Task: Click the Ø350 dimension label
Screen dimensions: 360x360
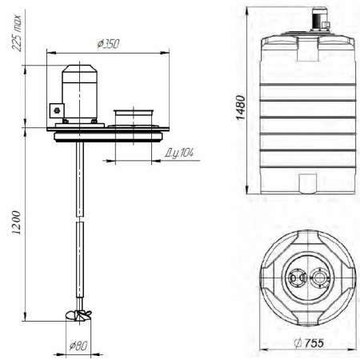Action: pyautogui.click(x=108, y=44)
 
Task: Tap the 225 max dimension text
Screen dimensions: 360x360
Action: pyautogui.click(x=16, y=33)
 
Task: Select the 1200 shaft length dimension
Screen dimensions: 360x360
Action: pyautogui.click(x=16, y=222)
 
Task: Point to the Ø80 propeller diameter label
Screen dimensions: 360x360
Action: pyautogui.click(x=78, y=346)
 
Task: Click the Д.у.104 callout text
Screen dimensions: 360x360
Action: pyautogui.click(x=179, y=153)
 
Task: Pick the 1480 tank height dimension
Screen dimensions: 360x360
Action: pyautogui.click(x=241, y=108)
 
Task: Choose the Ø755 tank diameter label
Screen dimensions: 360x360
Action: pyautogui.click(x=309, y=343)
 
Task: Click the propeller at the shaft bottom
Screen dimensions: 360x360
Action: pyautogui.click(x=78, y=314)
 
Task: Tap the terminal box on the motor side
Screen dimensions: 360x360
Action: pyautogui.click(x=57, y=110)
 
